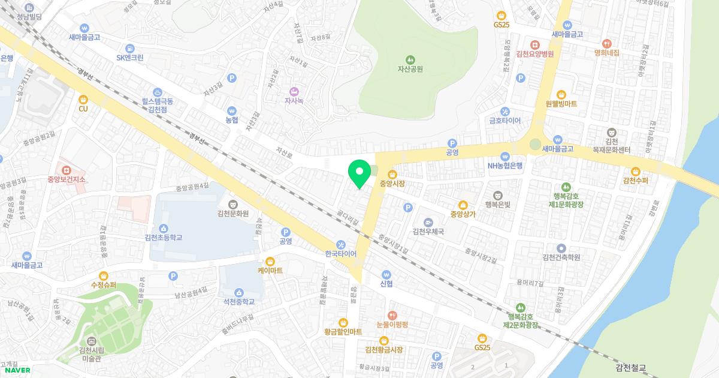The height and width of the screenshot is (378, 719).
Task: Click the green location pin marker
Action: pyautogui.click(x=359, y=174)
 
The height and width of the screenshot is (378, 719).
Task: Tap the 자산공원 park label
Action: pyautogui.click(x=410, y=69)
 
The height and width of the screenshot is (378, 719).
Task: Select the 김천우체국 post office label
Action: pyautogui.click(x=428, y=232)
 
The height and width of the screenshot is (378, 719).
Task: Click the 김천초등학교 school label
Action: pyautogui.click(x=163, y=238)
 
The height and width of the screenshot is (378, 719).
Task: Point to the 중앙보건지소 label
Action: pyautogui.click(x=67, y=179)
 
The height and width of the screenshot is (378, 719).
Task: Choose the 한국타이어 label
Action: pyautogui.click(x=340, y=254)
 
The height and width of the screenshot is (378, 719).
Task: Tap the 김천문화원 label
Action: pyautogui.click(x=233, y=213)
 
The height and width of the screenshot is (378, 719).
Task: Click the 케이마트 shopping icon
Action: pyautogui.click(x=270, y=261)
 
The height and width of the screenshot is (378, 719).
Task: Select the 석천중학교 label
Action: pyautogui.click(x=235, y=302)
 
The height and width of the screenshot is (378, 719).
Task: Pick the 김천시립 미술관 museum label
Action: pyautogui.click(x=92, y=354)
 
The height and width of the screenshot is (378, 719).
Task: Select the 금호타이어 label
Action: pyautogui.click(x=505, y=121)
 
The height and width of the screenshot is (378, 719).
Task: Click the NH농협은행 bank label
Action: pyautogui.click(x=505, y=166)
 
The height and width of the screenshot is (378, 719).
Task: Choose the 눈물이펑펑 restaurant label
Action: pyautogui.click(x=392, y=325)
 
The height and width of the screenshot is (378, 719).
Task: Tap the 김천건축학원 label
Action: pyautogui.click(x=561, y=257)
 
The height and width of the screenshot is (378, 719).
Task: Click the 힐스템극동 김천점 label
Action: pyautogui.click(x=157, y=106)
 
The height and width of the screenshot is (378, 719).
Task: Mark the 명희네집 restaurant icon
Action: pyautogui.click(x=606, y=43)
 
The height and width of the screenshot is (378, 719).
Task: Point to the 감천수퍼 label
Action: pyautogui.click(x=636, y=180)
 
